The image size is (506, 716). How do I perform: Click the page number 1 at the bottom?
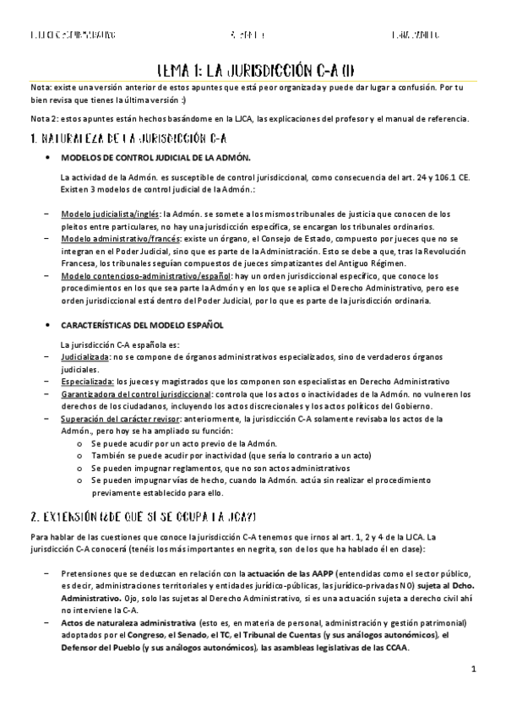tap(474, 670)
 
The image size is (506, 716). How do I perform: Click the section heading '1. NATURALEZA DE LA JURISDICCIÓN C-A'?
tap(128, 137)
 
